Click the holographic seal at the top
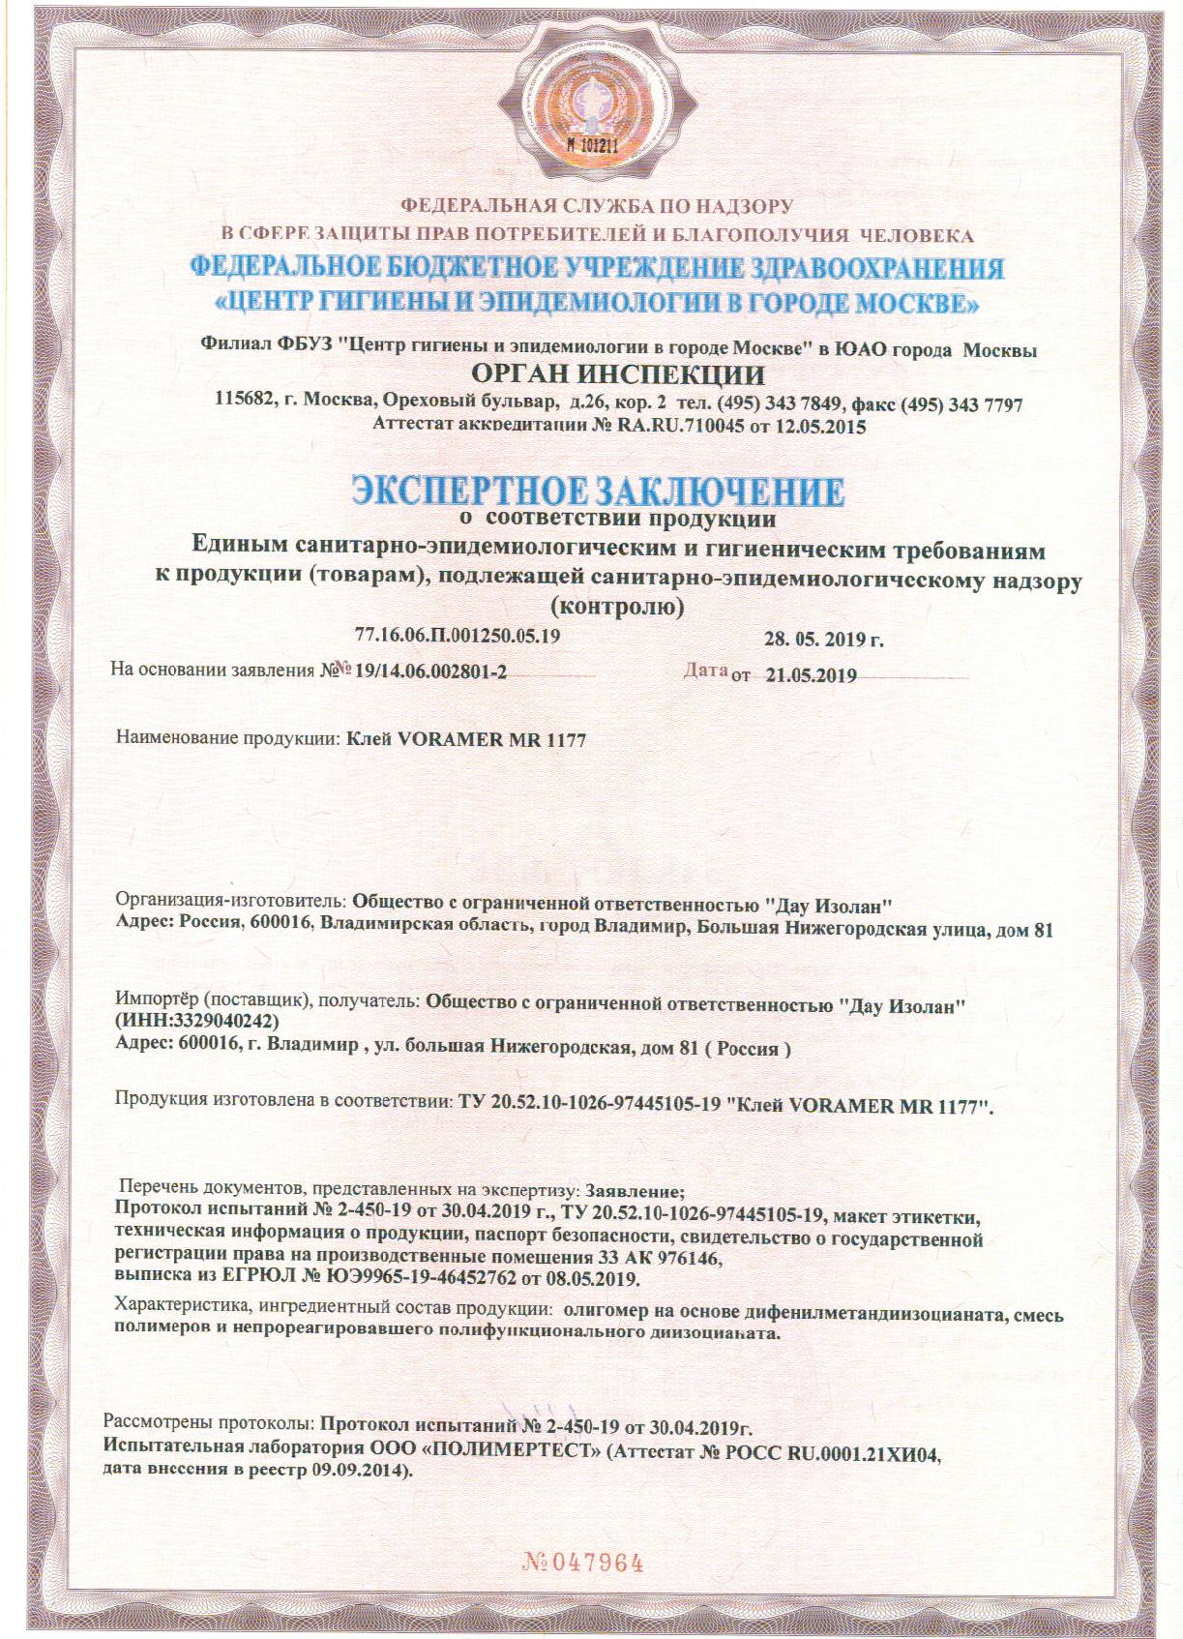pos(591,104)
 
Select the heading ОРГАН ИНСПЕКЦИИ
pos(617,374)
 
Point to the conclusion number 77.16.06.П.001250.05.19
pos(458,637)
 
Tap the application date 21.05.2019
pos(811,675)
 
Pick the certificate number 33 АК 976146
pos(659,1258)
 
